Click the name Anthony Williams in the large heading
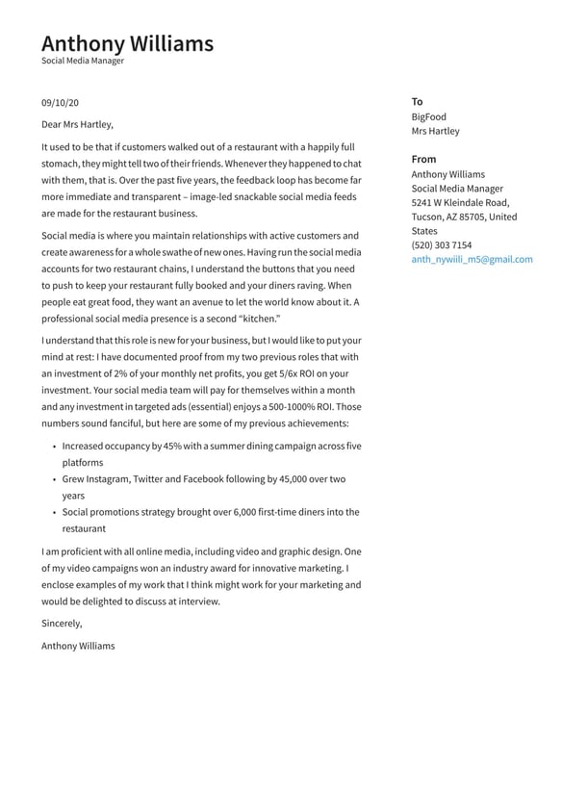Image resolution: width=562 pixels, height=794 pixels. [x=127, y=43]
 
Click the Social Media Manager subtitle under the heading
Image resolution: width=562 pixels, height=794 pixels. [x=83, y=61]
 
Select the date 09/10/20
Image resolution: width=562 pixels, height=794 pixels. [x=60, y=103]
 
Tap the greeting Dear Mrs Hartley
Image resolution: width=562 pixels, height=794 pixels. [x=77, y=124]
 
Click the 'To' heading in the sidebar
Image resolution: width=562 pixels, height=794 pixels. [x=417, y=102]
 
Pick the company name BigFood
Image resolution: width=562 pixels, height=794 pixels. [x=429, y=117]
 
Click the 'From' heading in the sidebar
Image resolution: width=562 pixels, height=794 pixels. [x=423, y=160]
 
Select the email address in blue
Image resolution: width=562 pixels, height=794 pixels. [x=472, y=260]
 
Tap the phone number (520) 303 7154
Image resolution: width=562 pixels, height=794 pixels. [x=442, y=245]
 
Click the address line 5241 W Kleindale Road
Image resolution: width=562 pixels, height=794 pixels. [x=460, y=203]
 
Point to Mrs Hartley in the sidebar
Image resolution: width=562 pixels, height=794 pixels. [x=436, y=132]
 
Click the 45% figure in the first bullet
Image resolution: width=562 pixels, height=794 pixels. [x=173, y=447]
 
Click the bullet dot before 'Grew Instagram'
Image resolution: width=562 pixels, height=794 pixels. [x=54, y=479]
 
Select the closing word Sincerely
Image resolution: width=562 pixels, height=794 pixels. [x=62, y=624]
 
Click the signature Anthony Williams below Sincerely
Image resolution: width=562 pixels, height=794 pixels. [x=78, y=646]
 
